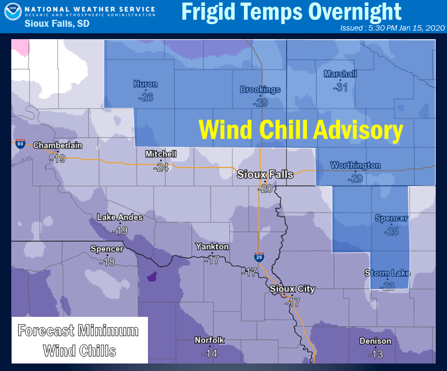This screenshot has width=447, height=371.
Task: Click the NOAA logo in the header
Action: coord(13,13)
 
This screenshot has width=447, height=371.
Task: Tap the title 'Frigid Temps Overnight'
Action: coord(291,12)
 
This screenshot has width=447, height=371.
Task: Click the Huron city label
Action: coord(145,84)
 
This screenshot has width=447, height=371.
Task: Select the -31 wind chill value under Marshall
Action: coord(340,87)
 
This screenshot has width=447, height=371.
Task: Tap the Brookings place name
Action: coord(260,90)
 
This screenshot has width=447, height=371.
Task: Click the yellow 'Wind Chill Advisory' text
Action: coord(301,130)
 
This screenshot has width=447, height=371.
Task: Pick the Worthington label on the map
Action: coord(355,165)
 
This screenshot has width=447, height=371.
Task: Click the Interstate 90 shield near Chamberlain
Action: coord(20,143)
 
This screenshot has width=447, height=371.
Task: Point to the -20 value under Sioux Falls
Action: coord(265,188)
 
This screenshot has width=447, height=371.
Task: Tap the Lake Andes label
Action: coord(120,217)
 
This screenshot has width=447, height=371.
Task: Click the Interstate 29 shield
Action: coord(259,257)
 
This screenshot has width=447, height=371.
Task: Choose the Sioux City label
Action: coord(292,289)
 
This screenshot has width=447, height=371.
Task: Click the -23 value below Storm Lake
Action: coord(387,286)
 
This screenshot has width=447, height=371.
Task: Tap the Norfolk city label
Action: coord(210,340)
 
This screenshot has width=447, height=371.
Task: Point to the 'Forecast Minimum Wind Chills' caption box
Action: coord(79,340)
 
